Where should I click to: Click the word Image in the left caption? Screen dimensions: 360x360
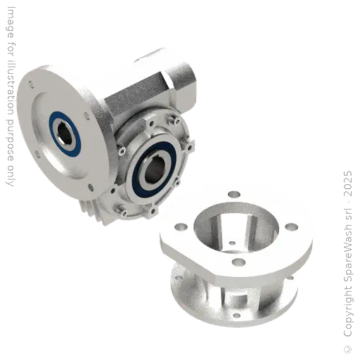[x=11, y=22]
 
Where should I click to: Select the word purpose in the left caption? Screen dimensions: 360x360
[x=10, y=139]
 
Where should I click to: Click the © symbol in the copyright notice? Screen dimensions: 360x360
[x=348, y=349]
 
